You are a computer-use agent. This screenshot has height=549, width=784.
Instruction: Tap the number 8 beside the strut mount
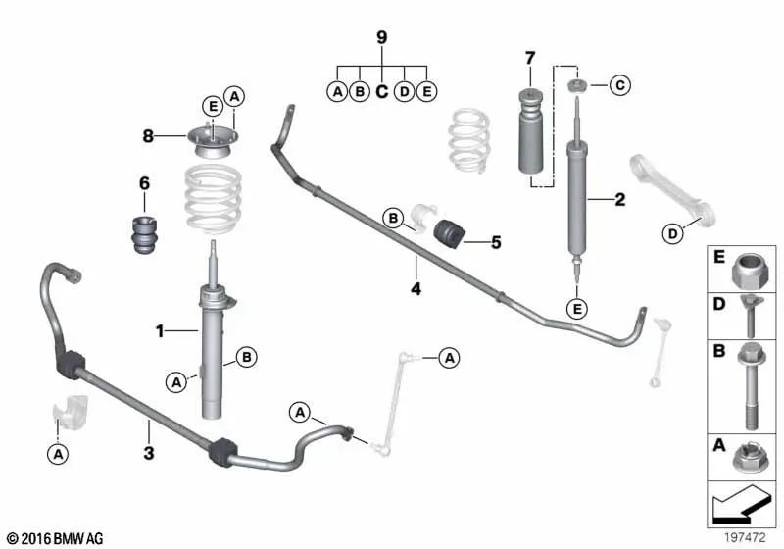click(148, 137)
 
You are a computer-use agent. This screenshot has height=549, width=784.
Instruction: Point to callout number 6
click(143, 182)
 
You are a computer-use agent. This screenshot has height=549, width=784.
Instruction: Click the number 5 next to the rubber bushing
click(495, 241)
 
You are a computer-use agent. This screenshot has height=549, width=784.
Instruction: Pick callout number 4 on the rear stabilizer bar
click(416, 289)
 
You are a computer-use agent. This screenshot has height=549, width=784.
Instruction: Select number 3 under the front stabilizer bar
click(148, 452)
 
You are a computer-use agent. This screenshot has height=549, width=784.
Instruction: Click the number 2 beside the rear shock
click(619, 201)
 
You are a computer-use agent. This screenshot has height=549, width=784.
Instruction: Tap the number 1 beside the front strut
click(158, 331)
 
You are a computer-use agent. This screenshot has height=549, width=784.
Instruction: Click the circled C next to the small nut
click(618, 86)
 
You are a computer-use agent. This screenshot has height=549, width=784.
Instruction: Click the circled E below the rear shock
click(577, 311)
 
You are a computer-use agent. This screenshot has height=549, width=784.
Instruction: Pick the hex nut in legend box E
click(747, 270)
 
